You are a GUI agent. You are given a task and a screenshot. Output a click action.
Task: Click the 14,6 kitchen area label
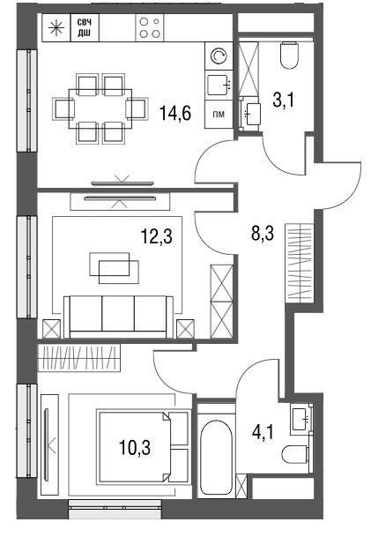[x=175, y=113]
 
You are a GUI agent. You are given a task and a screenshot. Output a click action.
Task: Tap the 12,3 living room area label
[x=157, y=235]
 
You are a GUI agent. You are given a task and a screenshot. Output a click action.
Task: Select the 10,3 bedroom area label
[x=135, y=447]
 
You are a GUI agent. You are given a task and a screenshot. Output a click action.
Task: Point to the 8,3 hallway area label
[x=263, y=233]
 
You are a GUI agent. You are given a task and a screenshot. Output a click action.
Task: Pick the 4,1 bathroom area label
[x=263, y=431]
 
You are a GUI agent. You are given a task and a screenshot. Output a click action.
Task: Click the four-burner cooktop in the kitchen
[x=150, y=28]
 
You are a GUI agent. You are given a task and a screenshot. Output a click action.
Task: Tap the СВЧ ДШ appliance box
[x=85, y=28]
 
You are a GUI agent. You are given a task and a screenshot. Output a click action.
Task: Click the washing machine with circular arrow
[x=219, y=56]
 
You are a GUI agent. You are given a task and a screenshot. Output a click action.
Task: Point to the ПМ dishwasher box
[x=219, y=114]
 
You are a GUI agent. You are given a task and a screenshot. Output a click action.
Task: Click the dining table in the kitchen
[x=100, y=108]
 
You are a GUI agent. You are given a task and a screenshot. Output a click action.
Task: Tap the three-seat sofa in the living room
[x=118, y=317]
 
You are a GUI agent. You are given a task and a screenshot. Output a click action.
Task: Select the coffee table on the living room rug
[x=114, y=268]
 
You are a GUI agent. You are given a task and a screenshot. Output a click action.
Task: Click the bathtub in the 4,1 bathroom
[x=216, y=451]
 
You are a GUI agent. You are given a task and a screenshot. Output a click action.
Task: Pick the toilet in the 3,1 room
[x=289, y=55]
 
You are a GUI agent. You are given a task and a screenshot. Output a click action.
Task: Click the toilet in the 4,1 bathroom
[x=295, y=454]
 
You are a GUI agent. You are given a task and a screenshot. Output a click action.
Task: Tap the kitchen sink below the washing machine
[x=219, y=86]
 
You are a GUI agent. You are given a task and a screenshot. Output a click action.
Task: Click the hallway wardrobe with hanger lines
[x=300, y=263]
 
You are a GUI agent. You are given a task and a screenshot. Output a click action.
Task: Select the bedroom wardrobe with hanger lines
[x=79, y=358]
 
